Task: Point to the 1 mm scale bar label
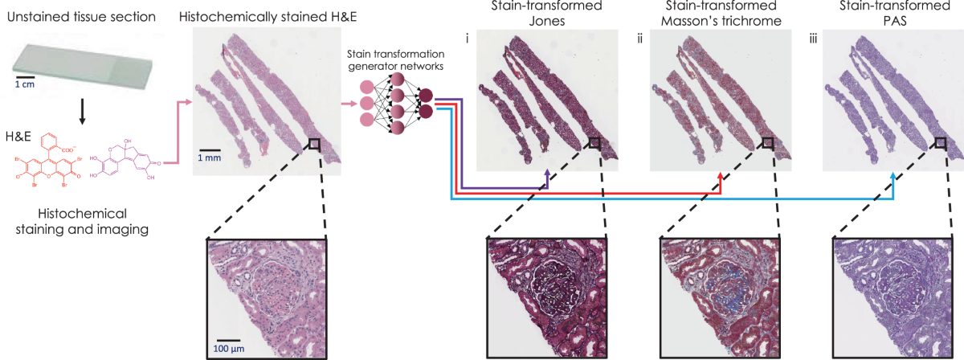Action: tap(210, 158)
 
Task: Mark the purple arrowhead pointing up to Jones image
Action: tap(546, 174)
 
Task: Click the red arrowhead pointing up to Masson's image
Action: tap(720, 174)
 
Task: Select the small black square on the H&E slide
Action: tap(313, 144)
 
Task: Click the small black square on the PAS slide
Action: tap(941, 143)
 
